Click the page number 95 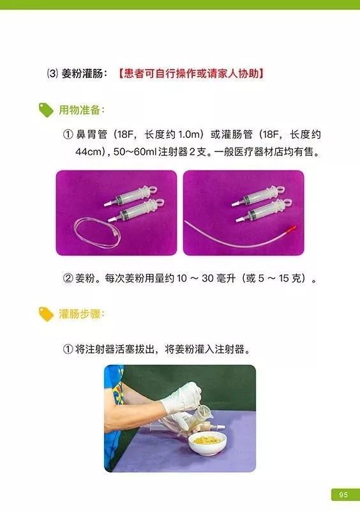[343, 494]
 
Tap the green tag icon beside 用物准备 [46, 110]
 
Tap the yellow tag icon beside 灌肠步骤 [46, 314]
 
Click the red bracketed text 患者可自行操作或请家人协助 [191, 73]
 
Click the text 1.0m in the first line [188, 135]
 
